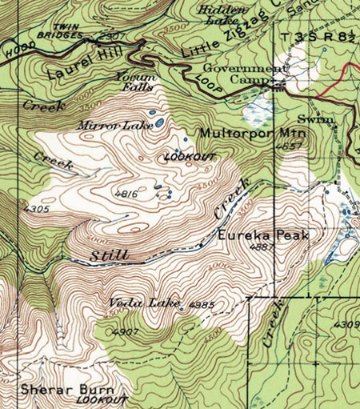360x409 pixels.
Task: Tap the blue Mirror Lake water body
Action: point(160,123)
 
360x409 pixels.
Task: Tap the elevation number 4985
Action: point(203,305)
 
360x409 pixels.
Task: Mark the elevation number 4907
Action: point(126,331)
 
